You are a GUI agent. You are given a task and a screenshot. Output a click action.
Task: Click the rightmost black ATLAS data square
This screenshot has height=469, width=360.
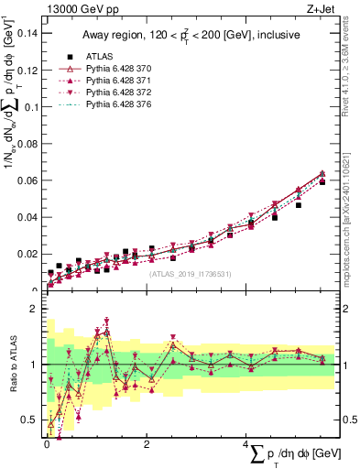tap(322, 182)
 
